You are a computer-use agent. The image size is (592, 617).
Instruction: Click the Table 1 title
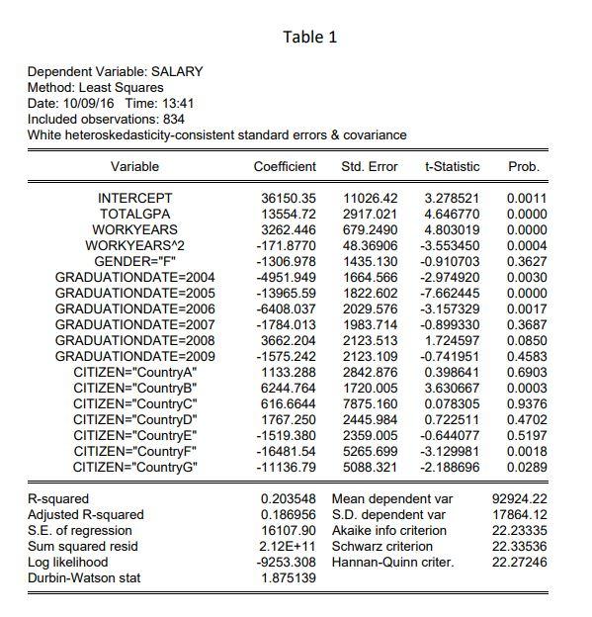(x=309, y=37)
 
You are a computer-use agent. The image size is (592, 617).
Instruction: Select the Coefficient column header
(x=285, y=166)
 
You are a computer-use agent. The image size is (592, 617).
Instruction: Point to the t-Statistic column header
(x=452, y=166)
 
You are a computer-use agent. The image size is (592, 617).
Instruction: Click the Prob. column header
(x=523, y=166)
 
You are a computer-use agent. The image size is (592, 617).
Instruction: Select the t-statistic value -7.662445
(x=452, y=292)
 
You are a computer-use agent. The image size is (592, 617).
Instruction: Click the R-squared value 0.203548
(x=288, y=498)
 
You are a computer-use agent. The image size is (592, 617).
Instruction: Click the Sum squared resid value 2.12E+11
(x=288, y=546)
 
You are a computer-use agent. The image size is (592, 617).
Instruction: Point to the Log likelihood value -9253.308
(x=286, y=562)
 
